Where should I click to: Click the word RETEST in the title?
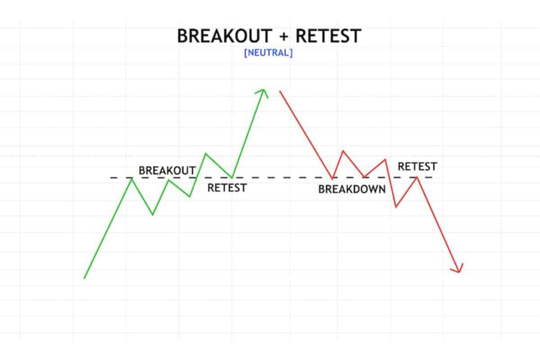click(328, 36)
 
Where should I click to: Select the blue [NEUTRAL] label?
click(268, 53)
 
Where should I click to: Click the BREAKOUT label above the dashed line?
click(167, 171)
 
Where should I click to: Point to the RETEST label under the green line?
click(227, 188)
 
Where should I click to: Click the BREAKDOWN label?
click(352, 189)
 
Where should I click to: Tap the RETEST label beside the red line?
click(417, 167)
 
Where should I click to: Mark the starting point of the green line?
click(84, 278)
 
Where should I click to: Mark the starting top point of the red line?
click(280, 91)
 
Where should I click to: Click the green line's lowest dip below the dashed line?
click(153, 215)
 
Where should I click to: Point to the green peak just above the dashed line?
click(205, 153)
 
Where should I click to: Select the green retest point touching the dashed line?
click(232, 178)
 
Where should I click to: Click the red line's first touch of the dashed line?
click(333, 178)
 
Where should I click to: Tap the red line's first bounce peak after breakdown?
click(343, 151)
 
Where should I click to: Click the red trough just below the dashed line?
click(396, 207)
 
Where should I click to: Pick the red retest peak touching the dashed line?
click(417, 177)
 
